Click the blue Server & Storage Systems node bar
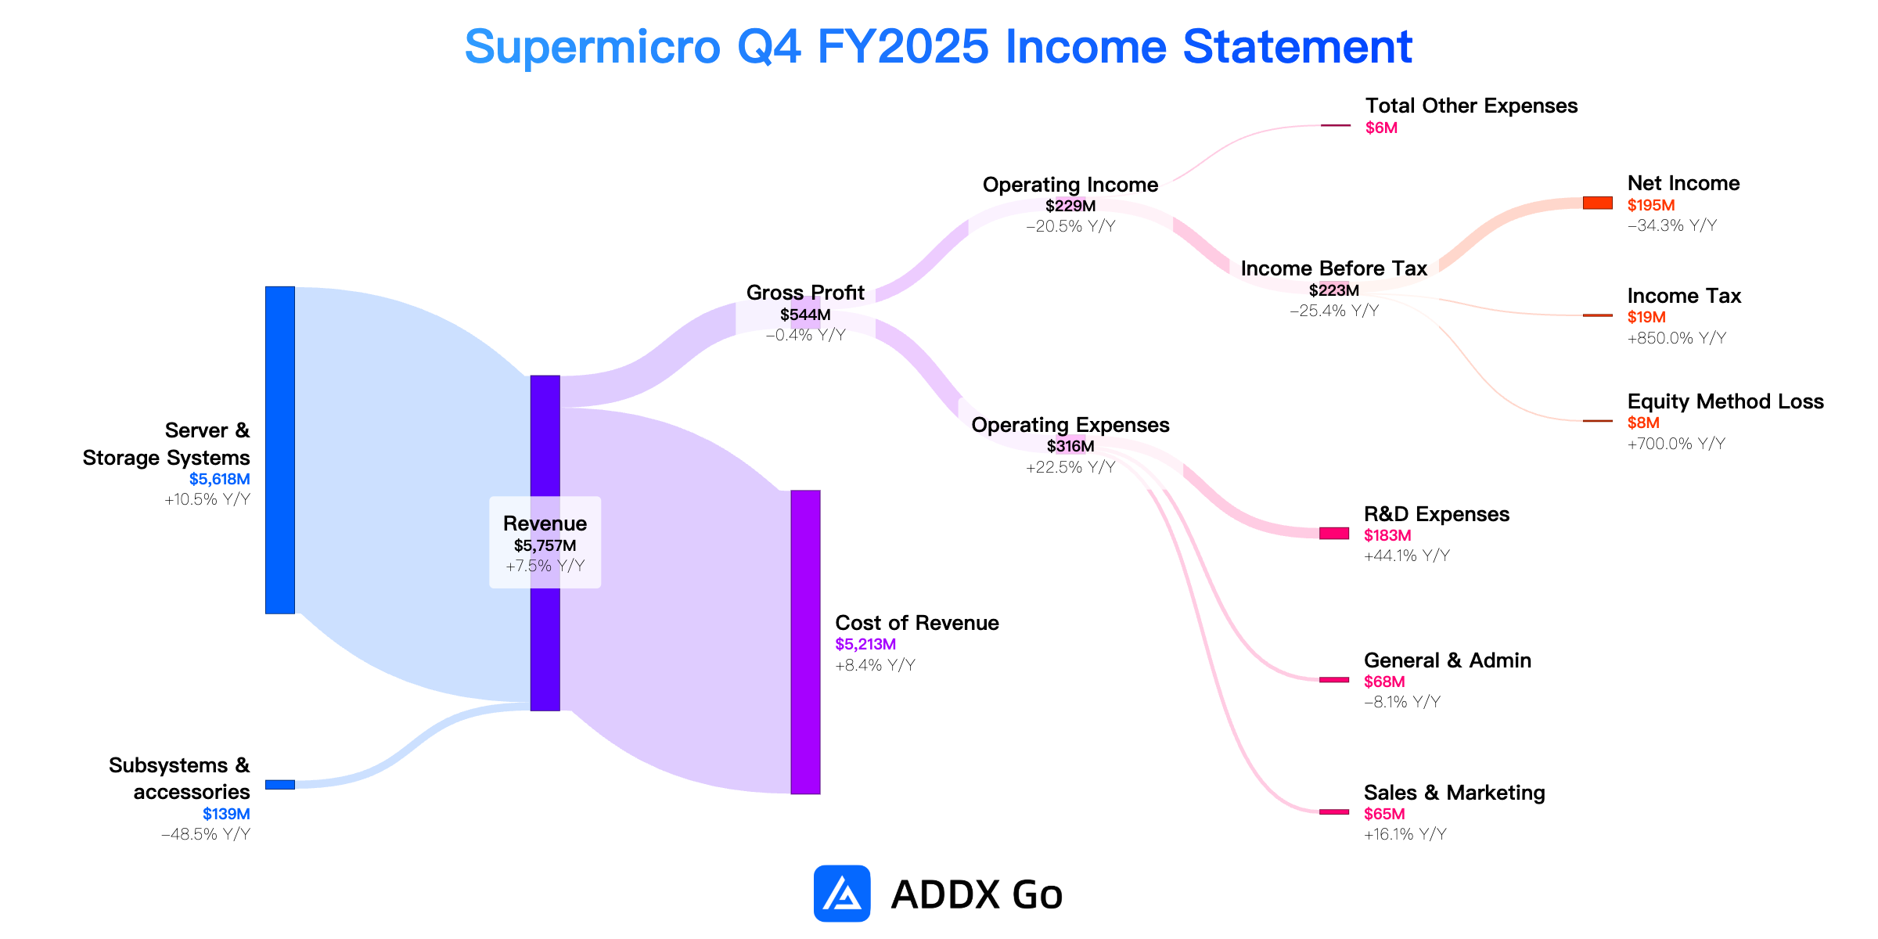tap(280, 450)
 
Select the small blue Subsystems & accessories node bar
tap(280, 785)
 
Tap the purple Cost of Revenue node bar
tap(805, 642)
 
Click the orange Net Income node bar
tap(1598, 203)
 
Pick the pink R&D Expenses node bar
tap(1334, 533)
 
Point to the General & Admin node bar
tap(1334, 679)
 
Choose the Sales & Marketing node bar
tap(1334, 811)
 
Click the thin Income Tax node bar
tap(1598, 315)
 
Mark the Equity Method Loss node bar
tap(1598, 421)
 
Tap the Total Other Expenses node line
tap(1336, 125)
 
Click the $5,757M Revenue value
tap(545, 545)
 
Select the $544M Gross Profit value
tap(805, 315)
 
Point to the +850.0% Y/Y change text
tap(1677, 338)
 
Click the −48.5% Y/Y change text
tap(206, 834)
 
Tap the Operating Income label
tap(1070, 185)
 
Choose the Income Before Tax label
tap(1334, 268)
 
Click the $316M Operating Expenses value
tap(1070, 446)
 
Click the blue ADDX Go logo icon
tap(842, 894)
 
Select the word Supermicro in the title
tap(592, 47)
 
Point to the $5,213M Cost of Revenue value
tap(865, 644)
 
